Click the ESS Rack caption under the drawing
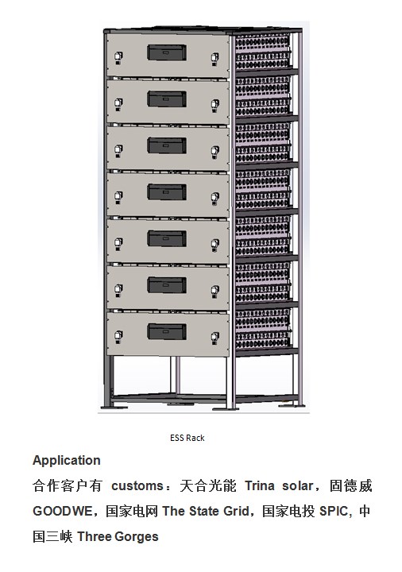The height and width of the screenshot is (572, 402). click(187, 438)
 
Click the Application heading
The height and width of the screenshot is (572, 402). click(67, 460)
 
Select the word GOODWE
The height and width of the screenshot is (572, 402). click(63, 511)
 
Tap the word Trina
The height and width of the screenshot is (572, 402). click(259, 486)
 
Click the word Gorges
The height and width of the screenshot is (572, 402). click(137, 536)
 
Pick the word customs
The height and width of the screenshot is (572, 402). click(137, 486)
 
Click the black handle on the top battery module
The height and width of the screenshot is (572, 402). click(167, 52)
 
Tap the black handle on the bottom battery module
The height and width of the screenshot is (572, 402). click(167, 331)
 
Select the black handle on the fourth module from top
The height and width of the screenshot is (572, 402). click(167, 192)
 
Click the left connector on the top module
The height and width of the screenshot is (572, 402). click(118, 58)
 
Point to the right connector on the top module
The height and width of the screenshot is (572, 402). click(215, 59)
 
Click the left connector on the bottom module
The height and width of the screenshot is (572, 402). click(118, 336)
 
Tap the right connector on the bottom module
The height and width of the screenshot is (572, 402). click(215, 338)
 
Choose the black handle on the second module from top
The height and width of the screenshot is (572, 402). click(167, 99)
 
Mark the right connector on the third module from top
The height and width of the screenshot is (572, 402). click(215, 152)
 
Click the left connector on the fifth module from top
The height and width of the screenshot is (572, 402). click(118, 244)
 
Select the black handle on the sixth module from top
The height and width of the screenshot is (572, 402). click(167, 285)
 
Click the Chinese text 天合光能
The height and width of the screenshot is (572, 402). click(208, 486)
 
